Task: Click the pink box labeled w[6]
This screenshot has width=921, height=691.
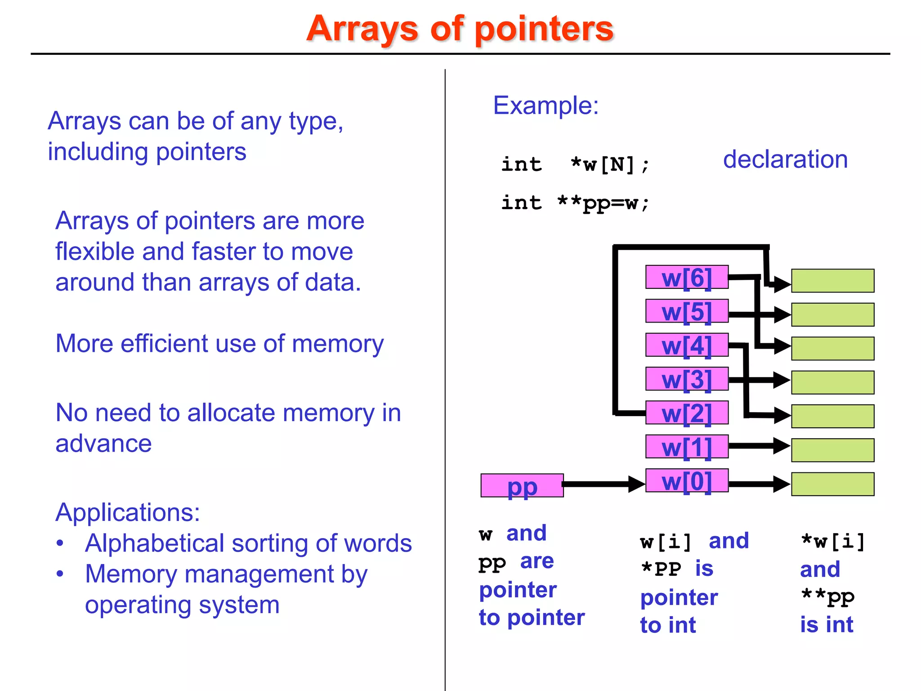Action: pyautogui.click(x=686, y=277)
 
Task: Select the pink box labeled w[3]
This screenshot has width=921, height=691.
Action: pyautogui.click(x=686, y=379)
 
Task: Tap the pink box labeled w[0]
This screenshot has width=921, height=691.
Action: pyautogui.click(x=686, y=480)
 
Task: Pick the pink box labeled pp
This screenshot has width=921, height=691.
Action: pyautogui.click(x=522, y=485)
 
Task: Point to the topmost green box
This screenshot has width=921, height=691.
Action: pyautogui.click(x=832, y=281)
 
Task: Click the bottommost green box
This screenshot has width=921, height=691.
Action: pyautogui.click(x=832, y=484)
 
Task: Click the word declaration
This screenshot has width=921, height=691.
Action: pyautogui.click(x=785, y=159)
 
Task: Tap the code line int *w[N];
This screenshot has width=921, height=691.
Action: pyautogui.click(x=575, y=164)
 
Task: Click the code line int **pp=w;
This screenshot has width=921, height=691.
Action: pyautogui.click(x=575, y=203)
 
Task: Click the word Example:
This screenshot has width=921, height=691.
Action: pyautogui.click(x=545, y=105)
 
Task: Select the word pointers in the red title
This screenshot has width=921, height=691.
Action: pyautogui.click(x=544, y=29)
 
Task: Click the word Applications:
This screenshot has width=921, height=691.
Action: pyautogui.click(x=128, y=512)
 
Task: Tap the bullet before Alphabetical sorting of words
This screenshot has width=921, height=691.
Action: pyautogui.click(x=60, y=543)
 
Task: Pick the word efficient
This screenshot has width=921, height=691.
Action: pyautogui.click(x=165, y=343)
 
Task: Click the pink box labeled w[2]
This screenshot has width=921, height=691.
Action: pyautogui.click(x=686, y=413)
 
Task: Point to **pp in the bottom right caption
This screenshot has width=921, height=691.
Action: pyautogui.click(x=827, y=597)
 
